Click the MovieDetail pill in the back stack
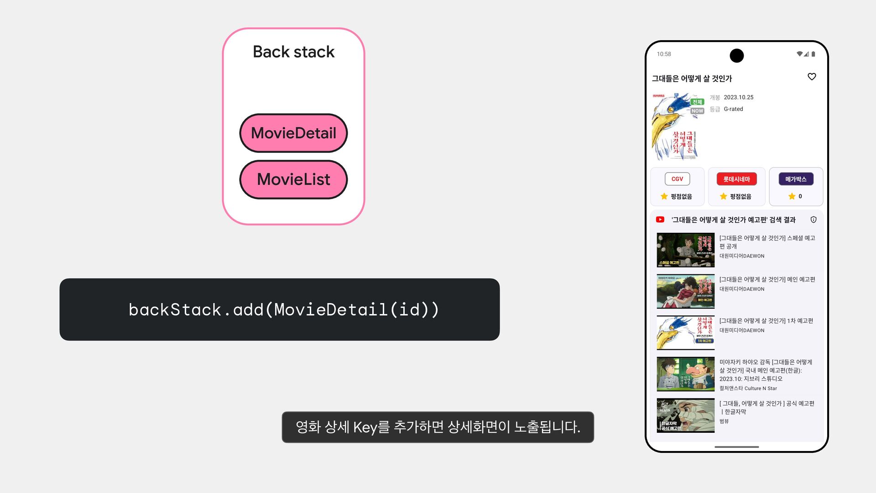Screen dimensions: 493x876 tap(293, 133)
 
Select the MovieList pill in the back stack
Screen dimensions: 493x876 tap(293, 179)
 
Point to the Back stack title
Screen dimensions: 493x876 tap(293, 52)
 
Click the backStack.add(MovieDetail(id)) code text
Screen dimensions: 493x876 tap(284, 309)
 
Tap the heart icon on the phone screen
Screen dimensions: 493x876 tap(812, 77)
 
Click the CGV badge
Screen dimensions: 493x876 tap(677, 179)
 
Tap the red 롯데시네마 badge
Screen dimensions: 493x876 tap(736, 179)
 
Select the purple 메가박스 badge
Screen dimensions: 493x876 tap(796, 179)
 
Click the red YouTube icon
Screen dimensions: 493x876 tap(660, 220)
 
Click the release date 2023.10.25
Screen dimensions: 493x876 tap(738, 97)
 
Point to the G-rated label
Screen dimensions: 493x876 tap(733, 109)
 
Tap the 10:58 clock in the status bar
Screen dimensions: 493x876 tap(664, 54)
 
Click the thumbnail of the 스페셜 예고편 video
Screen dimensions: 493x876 tap(685, 250)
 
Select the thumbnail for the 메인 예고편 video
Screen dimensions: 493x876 tap(685, 291)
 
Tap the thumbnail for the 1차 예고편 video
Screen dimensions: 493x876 tap(685, 333)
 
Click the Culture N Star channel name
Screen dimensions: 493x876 tap(748, 388)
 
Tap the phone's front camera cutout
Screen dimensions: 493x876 tap(736, 56)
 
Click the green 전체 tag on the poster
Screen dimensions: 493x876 tap(697, 102)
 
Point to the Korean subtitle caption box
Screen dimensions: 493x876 tap(438, 427)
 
